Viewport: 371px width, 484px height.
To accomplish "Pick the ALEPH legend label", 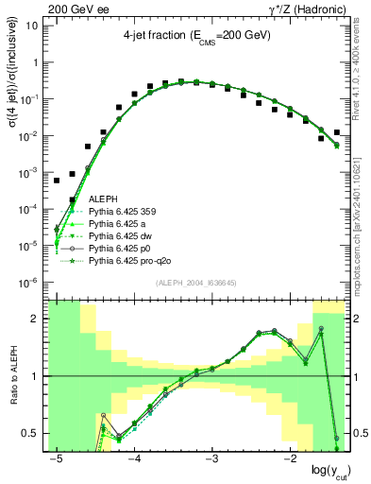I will [x=103, y=199].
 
